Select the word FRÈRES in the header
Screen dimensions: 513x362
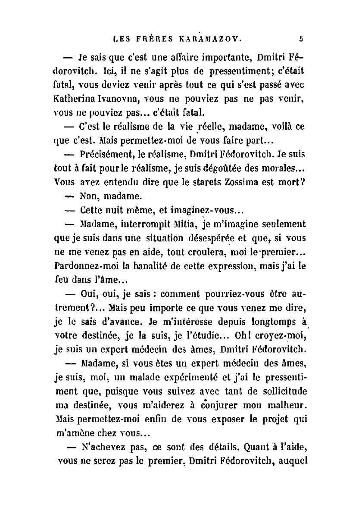(152, 38)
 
